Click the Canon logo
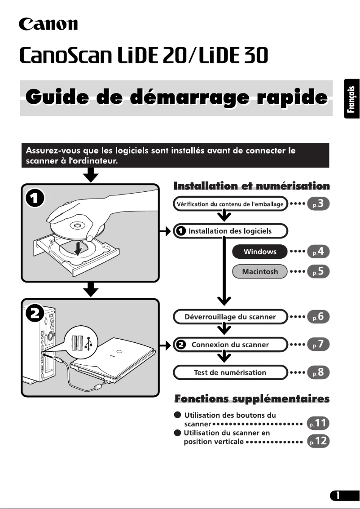point(48,23)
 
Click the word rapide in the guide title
point(288,97)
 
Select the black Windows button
point(260,252)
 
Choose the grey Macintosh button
point(260,271)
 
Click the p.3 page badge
point(319,204)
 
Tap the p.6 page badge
point(319,317)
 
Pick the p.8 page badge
point(319,372)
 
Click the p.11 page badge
point(318,423)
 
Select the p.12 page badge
point(318,442)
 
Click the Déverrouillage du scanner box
point(230,317)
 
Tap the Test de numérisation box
point(230,372)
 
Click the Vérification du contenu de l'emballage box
point(230,204)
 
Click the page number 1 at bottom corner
point(341,496)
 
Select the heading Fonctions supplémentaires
point(251,398)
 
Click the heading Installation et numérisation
point(251,186)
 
